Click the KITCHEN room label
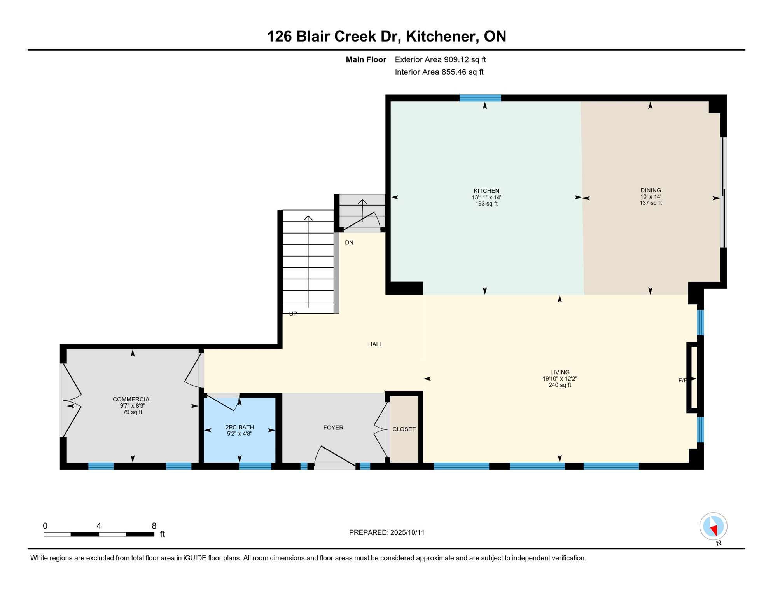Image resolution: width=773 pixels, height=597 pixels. tap(486, 191)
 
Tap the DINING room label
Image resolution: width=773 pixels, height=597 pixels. tap(651, 190)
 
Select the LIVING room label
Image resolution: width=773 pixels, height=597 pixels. tap(560, 372)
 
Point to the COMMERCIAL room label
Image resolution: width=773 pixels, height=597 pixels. tap(133, 399)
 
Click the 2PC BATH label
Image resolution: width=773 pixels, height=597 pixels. tap(240, 427)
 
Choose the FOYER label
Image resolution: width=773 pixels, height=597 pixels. tap(333, 428)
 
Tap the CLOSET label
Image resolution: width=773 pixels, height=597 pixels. tap(404, 429)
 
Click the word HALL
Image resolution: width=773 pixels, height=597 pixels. tap(375, 344)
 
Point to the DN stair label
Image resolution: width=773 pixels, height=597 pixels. tap(349, 243)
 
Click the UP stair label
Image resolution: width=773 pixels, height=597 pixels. tap(293, 314)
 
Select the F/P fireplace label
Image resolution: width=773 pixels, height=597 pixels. tap(682, 381)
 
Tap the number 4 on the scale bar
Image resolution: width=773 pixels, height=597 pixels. tap(99, 526)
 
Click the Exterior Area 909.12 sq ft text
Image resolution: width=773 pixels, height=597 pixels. tap(440, 59)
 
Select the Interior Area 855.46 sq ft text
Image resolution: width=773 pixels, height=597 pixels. tap(439, 72)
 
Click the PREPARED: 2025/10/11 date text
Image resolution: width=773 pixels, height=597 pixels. tap(386, 532)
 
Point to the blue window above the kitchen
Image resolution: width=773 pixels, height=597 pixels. tap(480, 98)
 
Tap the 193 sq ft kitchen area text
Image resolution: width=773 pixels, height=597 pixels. tap(486, 204)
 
